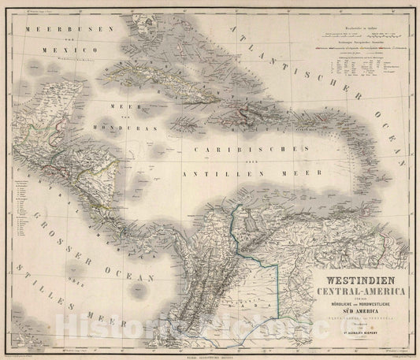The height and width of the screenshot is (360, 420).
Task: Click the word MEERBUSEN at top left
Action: point(56,28)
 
